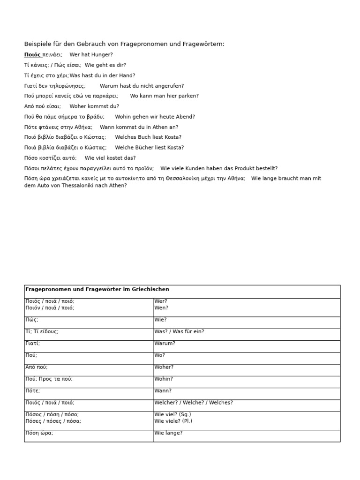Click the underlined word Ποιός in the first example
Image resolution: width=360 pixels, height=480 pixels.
(x=32, y=55)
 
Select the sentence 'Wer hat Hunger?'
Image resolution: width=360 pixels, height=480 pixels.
(x=91, y=55)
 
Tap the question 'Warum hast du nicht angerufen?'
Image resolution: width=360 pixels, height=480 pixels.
(x=142, y=86)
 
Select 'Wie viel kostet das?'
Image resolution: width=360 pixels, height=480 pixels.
(x=110, y=158)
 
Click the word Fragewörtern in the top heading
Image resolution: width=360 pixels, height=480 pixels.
(x=204, y=44)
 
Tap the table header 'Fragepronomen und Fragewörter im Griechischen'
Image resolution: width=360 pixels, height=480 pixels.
(x=97, y=290)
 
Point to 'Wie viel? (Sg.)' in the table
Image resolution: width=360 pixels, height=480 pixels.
(x=172, y=414)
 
